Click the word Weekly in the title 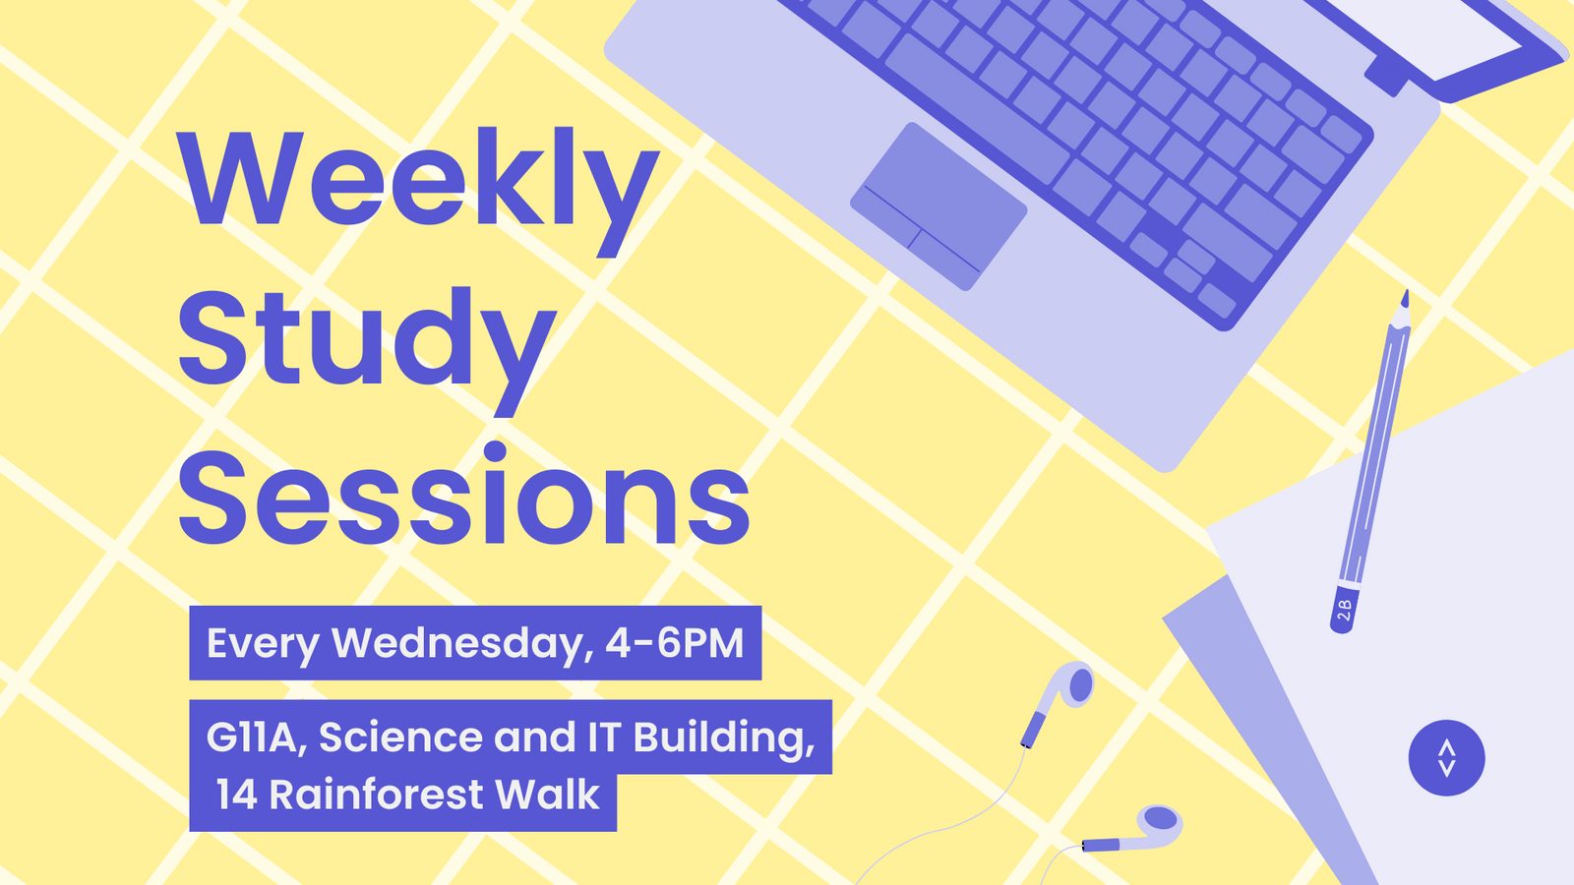pos(418,182)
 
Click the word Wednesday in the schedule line pos(461,643)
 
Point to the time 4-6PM pos(675,643)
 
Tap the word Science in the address pos(399,737)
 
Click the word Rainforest pos(376,795)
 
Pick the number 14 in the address pos(237,795)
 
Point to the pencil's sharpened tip pos(1405,296)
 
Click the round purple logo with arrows pos(1446,758)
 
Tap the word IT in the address pos(603,737)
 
